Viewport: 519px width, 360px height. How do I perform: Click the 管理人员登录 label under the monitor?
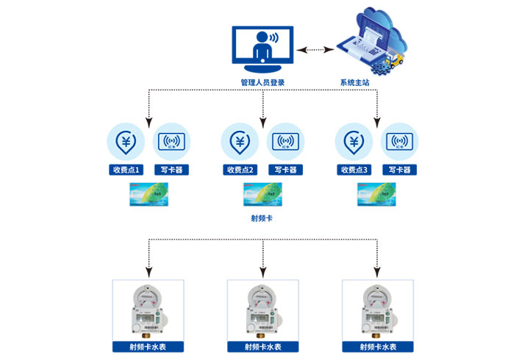pos(262,82)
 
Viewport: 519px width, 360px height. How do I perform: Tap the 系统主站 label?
pos(355,82)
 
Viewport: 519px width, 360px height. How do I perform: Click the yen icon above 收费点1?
pos(126,141)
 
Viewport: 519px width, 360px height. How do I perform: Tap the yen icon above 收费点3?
pos(354,141)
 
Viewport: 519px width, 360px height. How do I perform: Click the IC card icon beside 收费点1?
pos(171,141)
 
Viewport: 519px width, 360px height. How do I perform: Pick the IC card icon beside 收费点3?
pos(399,141)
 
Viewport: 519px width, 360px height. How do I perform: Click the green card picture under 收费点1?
pos(149,195)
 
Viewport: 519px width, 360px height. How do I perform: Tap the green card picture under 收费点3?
pos(376,195)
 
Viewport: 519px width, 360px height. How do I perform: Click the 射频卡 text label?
pos(262,219)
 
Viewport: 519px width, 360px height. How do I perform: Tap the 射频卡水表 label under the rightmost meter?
pos(377,347)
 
